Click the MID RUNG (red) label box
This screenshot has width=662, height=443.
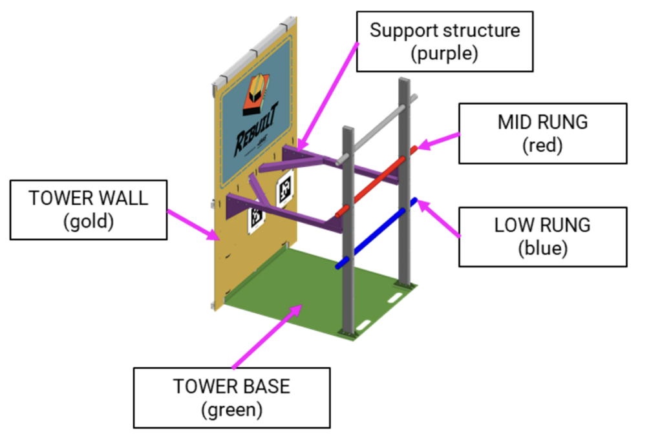click(x=542, y=133)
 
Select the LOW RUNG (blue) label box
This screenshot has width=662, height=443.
click(x=542, y=236)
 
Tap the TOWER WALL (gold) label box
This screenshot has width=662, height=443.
click(x=88, y=209)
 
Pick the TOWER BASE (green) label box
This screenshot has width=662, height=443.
click(x=231, y=397)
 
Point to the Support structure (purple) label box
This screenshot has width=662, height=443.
click(x=445, y=41)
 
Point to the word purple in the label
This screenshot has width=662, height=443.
click(x=445, y=53)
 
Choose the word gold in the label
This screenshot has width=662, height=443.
click(x=89, y=221)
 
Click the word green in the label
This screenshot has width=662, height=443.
click(x=231, y=409)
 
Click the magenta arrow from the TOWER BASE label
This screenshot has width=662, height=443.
click(x=265, y=336)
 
